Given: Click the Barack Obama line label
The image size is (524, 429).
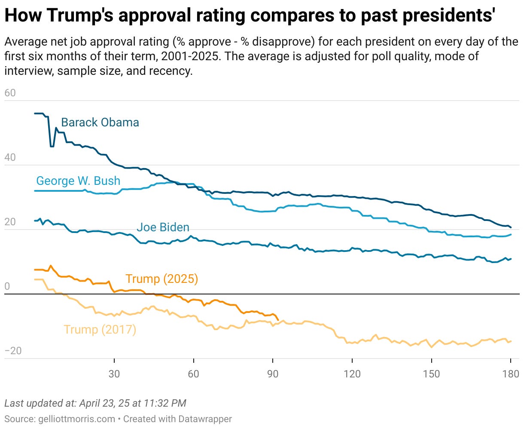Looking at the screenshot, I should click(100, 123).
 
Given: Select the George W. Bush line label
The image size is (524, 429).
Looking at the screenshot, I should click(78, 181).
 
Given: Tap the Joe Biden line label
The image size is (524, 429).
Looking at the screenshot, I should click(163, 227).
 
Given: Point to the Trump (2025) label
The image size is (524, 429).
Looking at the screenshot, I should click(161, 279).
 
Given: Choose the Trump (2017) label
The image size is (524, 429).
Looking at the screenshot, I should click(100, 330).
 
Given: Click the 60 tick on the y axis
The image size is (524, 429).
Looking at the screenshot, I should click(10, 93).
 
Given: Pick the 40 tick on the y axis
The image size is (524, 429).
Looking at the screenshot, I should click(10, 157).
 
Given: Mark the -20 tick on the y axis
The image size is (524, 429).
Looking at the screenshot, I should click(13, 351).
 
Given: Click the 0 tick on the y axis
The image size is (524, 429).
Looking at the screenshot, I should click(7, 287).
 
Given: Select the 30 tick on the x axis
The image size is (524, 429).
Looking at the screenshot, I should click(114, 374).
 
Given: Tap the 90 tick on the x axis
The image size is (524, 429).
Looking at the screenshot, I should click(273, 374).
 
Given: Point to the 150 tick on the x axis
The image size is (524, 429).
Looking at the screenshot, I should click(431, 374).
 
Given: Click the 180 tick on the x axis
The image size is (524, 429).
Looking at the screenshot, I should click(510, 374).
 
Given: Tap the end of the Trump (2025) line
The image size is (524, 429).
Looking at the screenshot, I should click(278, 320).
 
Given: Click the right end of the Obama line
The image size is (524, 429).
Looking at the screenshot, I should click(511, 227).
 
